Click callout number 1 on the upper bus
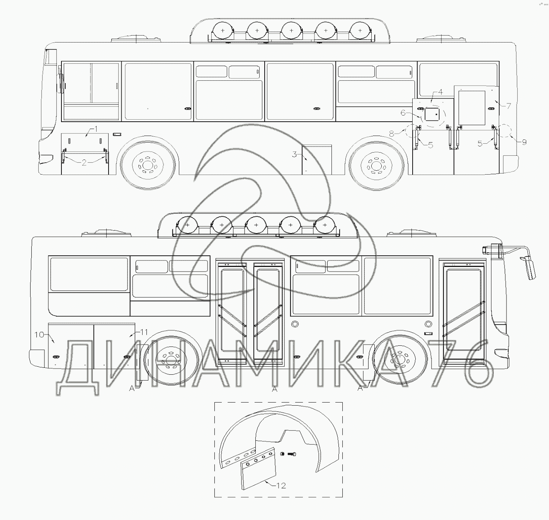(x=96, y=129)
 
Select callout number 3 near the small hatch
(x=294, y=155)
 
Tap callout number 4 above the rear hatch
(x=440, y=92)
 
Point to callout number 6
(x=403, y=113)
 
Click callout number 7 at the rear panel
(x=508, y=106)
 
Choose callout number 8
(x=391, y=134)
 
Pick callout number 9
(x=524, y=142)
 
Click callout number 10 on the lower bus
(x=39, y=334)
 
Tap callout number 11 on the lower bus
(x=144, y=332)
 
